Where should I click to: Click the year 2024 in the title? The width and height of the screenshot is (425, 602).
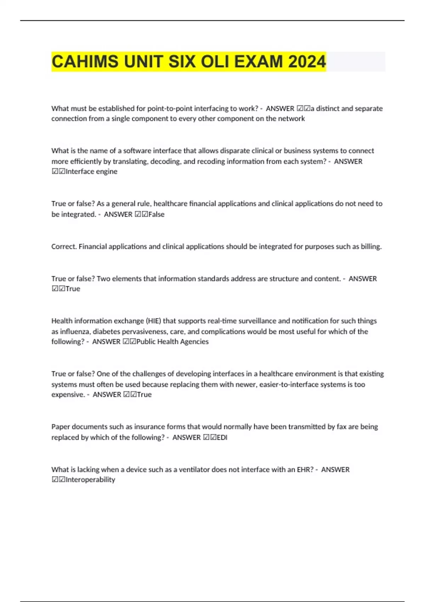point(307,62)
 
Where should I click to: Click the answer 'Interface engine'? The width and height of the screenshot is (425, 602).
point(91,171)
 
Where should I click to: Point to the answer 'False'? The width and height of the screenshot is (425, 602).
point(157,214)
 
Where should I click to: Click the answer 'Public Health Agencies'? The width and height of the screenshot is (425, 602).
point(172,342)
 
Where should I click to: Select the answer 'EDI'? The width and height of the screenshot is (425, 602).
point(222,437)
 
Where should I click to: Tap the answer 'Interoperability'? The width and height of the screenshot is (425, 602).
point(90,480)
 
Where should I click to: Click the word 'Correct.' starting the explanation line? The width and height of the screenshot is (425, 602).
point(64,246)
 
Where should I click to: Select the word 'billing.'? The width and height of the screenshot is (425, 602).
point(371,246)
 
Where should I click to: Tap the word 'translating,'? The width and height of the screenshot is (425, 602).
point(130,161)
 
